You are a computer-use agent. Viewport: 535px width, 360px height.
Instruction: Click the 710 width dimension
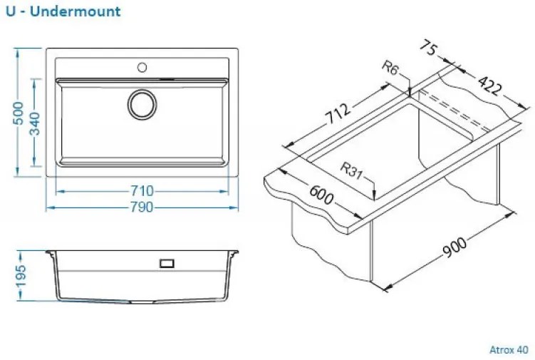point(142,191)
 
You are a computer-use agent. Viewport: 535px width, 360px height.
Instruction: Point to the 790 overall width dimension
point(142,207)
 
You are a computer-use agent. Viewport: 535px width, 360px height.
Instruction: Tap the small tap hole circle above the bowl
point(142,68)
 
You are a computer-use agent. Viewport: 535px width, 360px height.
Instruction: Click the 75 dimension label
point(428,48)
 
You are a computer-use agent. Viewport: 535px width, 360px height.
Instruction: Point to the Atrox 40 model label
point(509,350)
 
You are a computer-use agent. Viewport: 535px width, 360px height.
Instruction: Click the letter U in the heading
point(9,11)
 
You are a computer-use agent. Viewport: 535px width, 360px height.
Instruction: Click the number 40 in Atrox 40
point(523,350)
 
